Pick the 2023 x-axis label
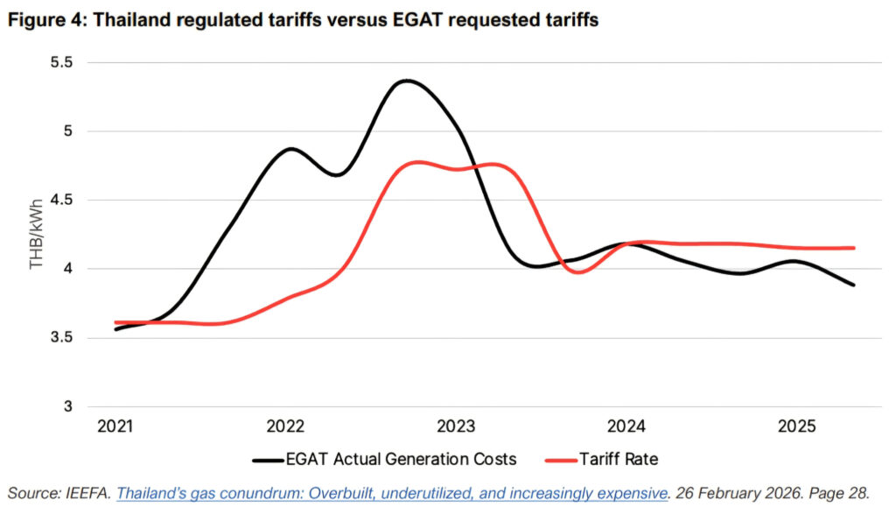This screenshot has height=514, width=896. [x=456, y=426]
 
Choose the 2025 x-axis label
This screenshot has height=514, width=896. [x=798, y=426]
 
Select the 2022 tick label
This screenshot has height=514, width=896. [x=285, y=426]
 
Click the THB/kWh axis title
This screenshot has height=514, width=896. [x=37, y=234]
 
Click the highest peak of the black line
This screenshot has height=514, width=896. [x=407, y=81]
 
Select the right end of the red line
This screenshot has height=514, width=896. [x=853, y=248]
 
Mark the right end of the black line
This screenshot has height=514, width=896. [x=853, y=285]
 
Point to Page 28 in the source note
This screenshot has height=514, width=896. [x=844, y=493]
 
